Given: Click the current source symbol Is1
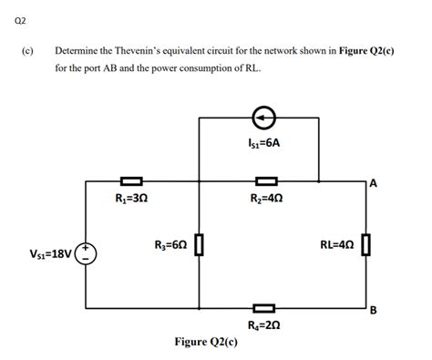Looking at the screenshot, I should (x=263, y=118).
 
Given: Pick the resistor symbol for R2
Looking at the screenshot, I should (x=266, y=182).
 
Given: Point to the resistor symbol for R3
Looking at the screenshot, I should (x=199, y=244).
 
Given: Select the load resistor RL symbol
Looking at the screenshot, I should (x=366, y=244).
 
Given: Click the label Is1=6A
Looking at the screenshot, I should (x=263, y=143).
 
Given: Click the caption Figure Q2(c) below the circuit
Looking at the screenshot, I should (x=206, y=343).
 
